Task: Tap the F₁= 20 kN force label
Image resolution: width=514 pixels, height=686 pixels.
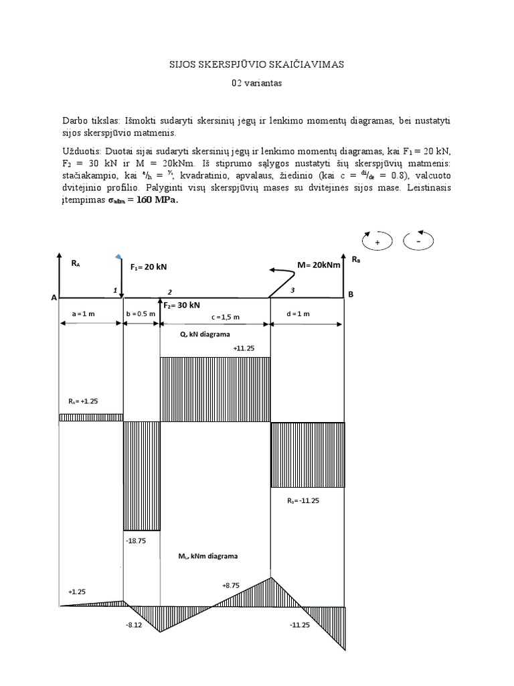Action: click(x=149, y=267)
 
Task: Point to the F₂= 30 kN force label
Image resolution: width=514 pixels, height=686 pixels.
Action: click(x=182, y=305)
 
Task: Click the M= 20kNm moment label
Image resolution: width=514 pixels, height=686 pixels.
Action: click(x=318, y=265)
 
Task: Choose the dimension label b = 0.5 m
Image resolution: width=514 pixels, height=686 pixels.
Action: click(x=141, y=314)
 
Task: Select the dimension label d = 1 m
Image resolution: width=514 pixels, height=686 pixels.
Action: click(x=307, y=314)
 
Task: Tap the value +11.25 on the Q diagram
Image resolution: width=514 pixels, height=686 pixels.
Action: click(x=243, y=348)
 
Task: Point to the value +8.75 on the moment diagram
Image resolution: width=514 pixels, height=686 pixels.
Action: click(x=232, y=585)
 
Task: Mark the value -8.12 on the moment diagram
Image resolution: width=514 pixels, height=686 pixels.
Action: click(x=134, y=624)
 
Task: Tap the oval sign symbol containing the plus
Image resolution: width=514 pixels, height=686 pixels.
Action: click(x=377, y=241)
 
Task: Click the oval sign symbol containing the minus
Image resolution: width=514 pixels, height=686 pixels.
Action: click(x=420, y=240)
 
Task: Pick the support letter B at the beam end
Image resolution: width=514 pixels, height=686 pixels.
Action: click(x=351, y=295)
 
